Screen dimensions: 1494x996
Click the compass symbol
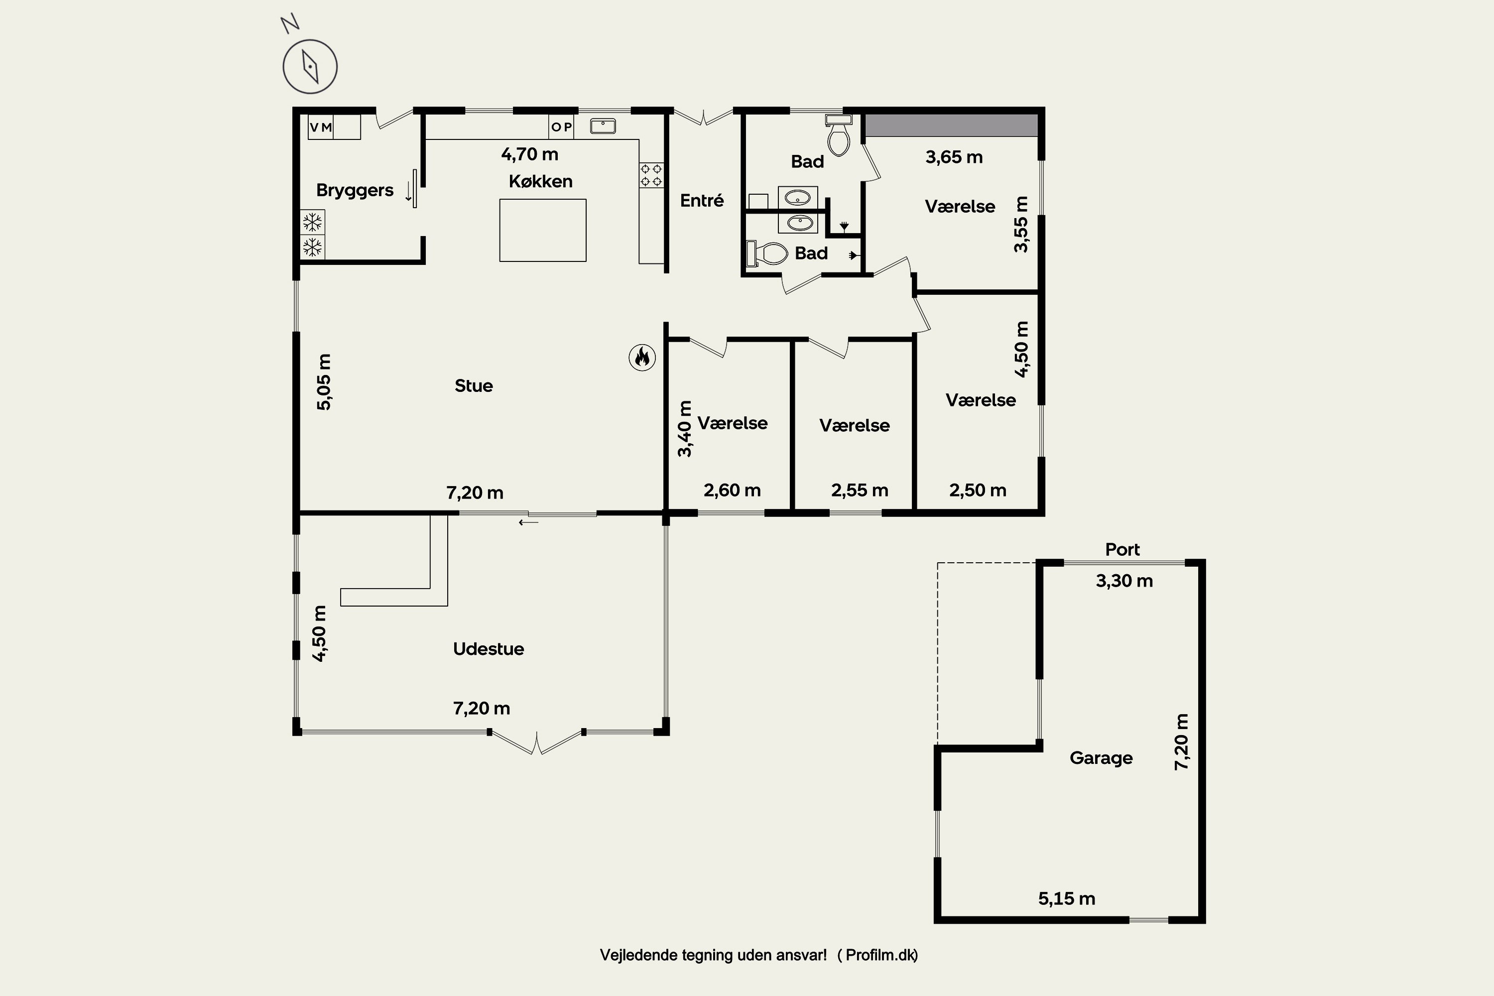(310, 66)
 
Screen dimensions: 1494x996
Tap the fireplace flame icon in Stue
(642, 358)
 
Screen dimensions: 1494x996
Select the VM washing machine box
(321, 127)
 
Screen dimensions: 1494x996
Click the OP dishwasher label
(562, 127)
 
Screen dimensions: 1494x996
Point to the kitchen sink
(603, 126)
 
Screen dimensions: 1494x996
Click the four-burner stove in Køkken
(651, 175)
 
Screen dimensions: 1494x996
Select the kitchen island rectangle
(542, 230)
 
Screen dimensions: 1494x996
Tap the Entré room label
(702, 200)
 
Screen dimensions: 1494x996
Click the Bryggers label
(355, 190)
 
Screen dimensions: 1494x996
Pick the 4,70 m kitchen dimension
(530, 154)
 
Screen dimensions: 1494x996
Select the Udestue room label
(489, 648)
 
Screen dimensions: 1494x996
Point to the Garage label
(1101, 758)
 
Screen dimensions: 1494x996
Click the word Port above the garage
(1122, 549)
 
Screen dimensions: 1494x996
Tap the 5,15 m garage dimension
(1067, 898)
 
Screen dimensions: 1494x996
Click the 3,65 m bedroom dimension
(954, 157)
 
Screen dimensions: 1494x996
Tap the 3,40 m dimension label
(685, 429)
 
